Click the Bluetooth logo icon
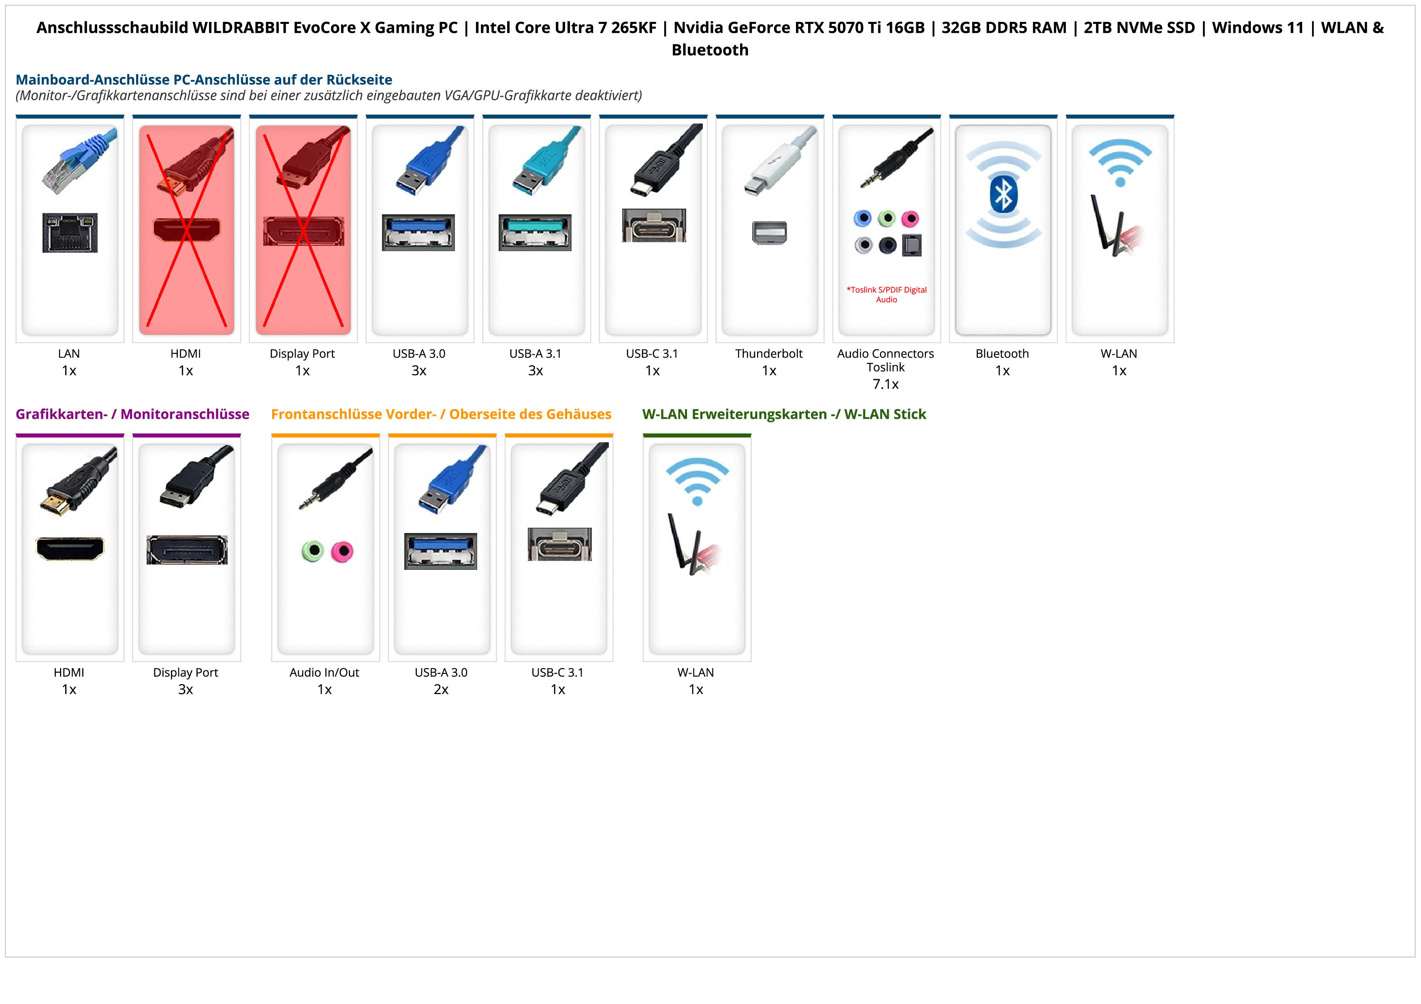click(1003, 195)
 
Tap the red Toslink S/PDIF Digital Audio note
click(886, 294)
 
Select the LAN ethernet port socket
click(70, 232)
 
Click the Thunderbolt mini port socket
click(769, 232)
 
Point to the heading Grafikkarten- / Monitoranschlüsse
click(132, 414)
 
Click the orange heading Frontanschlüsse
click(441, 414)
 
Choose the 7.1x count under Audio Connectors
click(885, 384)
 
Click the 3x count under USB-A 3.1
click(536, 371)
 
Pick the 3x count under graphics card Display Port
click(186, 689)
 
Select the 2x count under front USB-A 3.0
click(441, 689)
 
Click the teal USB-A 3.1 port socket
click(536, 232)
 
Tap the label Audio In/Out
click(324, 672)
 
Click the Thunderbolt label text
click(769, 354)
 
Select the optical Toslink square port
click(912, 245)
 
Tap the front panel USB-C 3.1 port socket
click(559, 544)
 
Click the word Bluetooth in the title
click(710, 50)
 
